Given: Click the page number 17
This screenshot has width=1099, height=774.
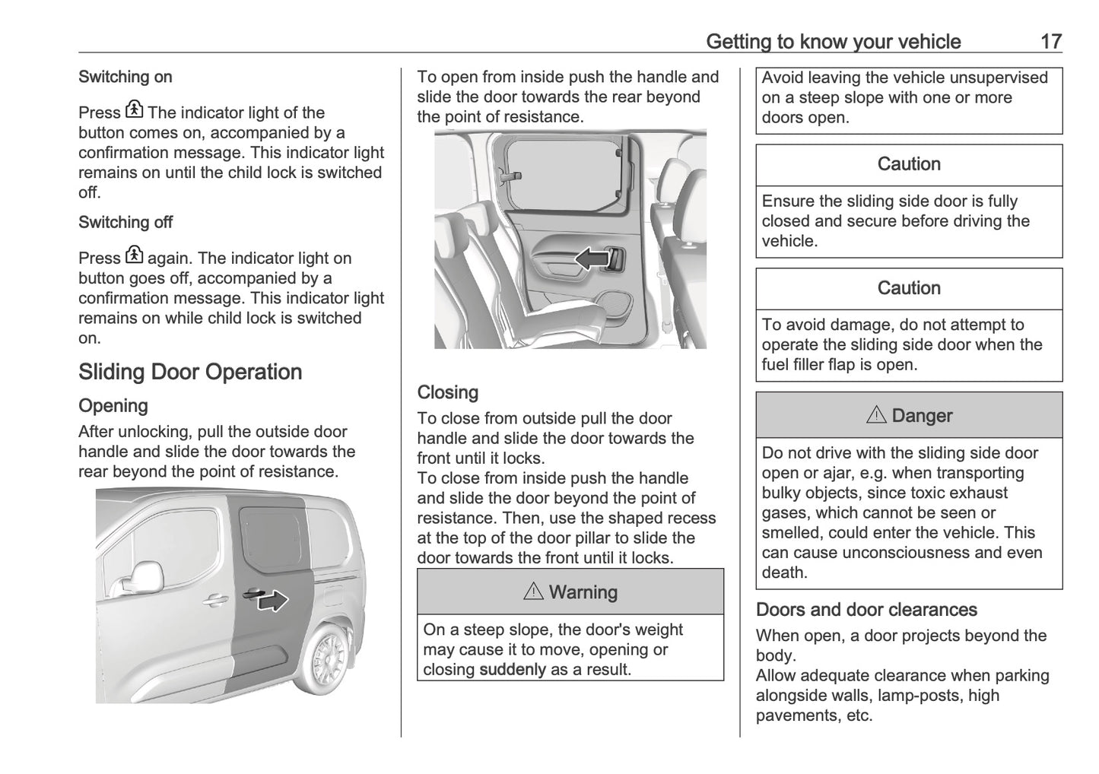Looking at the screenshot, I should [1050, 41].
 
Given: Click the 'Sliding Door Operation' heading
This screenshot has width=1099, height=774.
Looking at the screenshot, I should [190, 372].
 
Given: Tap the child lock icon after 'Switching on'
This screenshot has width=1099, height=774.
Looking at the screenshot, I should [134, 110].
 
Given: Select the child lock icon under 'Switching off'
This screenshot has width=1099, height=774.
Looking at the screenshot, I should [134, 256].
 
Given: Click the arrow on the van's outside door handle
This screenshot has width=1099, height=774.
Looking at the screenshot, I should [272, 601].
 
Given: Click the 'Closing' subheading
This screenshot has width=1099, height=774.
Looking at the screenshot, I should [448, 392].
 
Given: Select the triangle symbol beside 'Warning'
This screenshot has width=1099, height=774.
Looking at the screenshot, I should [533, 592].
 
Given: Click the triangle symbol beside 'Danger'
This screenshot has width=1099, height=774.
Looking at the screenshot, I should [876, 415].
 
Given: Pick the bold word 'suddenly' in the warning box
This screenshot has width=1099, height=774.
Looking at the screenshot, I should [512, 670].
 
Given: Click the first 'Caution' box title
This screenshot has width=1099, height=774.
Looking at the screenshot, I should [909, 164].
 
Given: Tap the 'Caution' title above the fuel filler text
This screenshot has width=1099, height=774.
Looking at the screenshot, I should [909, 288].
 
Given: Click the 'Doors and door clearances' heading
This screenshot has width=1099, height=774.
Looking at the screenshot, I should [866, 610].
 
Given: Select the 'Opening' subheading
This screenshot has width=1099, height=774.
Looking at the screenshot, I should [113, 406].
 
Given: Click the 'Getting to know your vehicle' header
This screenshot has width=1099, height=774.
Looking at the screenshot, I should [833, 41].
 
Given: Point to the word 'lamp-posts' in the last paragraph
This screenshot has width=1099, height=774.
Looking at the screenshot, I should [921, 696].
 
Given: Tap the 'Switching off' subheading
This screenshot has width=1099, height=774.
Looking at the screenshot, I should [125, 223].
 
